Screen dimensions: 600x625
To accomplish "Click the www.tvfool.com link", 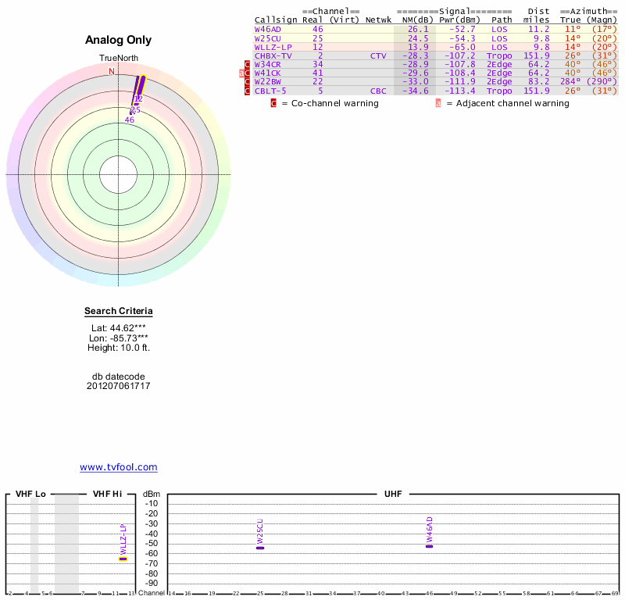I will tap(119, 467).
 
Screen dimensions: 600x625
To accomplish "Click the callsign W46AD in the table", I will tap(268, 29).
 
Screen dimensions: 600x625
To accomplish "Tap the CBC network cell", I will tap(378, 91).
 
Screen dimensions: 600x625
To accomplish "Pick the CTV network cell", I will tap(378, 56).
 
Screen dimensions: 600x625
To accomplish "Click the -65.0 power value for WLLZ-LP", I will tap(460, 47).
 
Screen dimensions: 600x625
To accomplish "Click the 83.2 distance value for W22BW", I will tap(538, 82).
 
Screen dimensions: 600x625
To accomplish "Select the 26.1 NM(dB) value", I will tap(418, 29).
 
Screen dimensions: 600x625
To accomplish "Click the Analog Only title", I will tap(119, 40).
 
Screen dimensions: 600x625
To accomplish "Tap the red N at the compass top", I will tap(111, 71).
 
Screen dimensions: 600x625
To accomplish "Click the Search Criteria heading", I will tap(119, 311).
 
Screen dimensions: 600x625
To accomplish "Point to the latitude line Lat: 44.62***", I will tap(119, 328).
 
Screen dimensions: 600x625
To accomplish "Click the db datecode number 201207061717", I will tap(119, 386).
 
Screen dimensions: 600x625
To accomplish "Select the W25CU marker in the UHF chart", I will tap(260, 548).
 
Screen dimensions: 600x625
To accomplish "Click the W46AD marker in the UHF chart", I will tap(429, 546).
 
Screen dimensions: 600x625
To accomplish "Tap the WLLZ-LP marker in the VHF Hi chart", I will tap(123, 559).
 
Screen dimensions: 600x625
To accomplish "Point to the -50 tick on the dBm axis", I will tap(152, 544).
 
